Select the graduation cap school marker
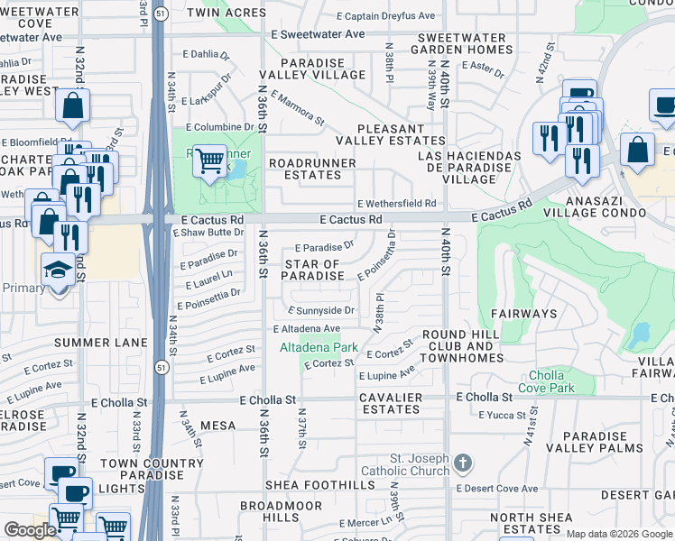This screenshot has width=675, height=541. [x=59, y=270]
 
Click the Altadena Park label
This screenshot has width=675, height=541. [x=319, y=347]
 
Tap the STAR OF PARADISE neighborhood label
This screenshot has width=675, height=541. [x=313, y=270]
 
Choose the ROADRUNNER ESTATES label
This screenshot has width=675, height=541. [x=312, y=169]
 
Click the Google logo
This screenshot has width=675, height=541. [x=30, y=530]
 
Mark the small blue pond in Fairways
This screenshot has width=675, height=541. [x=641, y=335]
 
